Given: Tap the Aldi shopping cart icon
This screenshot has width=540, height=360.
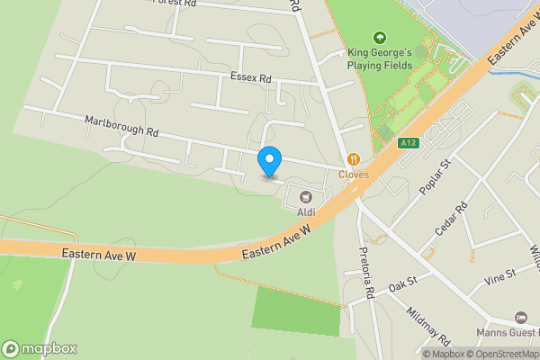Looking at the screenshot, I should click(x=305, y=194).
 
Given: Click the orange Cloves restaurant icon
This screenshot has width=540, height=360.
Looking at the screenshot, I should click(x=354, y=159).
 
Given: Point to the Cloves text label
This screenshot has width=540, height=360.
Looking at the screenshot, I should click(x=354, y=175).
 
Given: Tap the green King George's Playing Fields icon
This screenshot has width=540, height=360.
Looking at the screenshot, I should click(x=380, y=38).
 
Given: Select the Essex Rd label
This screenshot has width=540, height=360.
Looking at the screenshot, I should click(x=251, y=78).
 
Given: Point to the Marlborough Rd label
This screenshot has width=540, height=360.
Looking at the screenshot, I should click(x=121, y=125).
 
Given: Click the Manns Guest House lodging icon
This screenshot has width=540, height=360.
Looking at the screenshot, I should click(x=520, y=317).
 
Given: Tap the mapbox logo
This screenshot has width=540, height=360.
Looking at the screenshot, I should click(x=40, y=348).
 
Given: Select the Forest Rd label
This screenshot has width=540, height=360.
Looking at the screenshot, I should click(x=175, y=4).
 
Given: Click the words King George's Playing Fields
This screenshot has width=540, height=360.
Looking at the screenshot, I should click(x=380, y=58).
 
